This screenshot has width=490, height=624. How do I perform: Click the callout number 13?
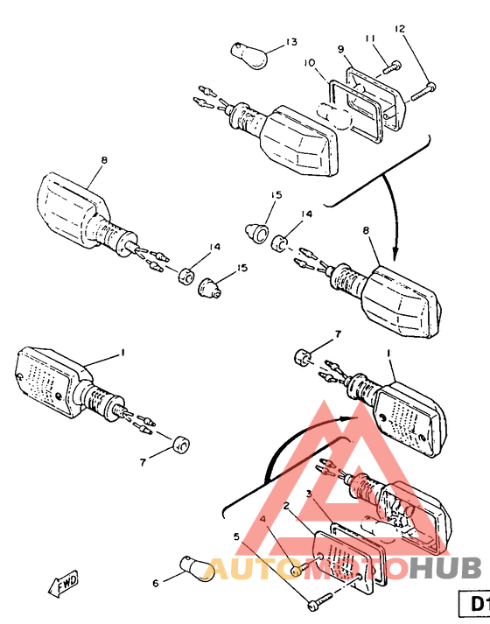[291, 42]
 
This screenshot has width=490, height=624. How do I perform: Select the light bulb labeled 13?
[249, 56]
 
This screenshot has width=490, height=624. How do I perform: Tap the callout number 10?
[310, 63]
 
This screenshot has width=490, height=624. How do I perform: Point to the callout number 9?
[341, 49]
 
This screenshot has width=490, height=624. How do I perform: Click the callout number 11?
[370, 39]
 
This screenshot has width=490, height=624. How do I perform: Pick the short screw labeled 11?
[392, 66]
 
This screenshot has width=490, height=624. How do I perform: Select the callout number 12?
[399, 28]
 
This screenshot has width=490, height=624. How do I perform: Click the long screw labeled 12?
[423, 92]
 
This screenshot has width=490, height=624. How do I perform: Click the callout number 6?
[156, 584]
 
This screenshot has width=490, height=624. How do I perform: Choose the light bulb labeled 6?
[197, 567]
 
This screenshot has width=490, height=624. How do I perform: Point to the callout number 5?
[236, 536]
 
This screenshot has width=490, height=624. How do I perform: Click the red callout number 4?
[262, 519]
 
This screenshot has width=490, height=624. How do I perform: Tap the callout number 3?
[309, 494]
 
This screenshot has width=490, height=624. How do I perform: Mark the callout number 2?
[286, 505]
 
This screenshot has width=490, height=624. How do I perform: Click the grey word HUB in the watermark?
[445, 567]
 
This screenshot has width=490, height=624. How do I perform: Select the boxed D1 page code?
[474, 604]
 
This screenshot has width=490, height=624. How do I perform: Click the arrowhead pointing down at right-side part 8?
[395, 254]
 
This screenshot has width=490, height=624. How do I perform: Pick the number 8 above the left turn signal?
[104, 160]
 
